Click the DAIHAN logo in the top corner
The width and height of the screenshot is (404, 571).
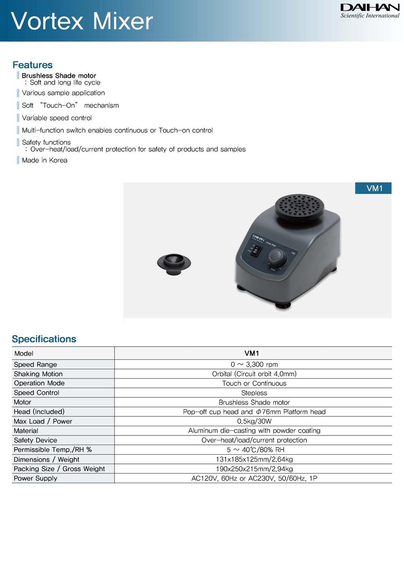tap(369, 11)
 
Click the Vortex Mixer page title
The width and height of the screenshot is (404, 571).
tap(82, 21)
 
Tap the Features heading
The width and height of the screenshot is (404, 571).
tap(33, 65)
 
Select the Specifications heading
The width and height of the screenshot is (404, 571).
tap(44, 339)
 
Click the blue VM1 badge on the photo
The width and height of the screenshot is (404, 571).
tap(373, 188)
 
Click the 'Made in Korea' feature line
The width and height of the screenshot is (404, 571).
tap(45, 160)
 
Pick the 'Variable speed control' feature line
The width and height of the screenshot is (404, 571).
tap(57, 118)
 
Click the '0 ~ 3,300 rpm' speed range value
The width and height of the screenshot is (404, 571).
tap(254, 364)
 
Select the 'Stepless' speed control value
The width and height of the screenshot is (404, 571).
tap(254, 393)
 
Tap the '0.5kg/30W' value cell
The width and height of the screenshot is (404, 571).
tap(254, 421)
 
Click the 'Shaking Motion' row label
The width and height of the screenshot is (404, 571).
tap(38, 374)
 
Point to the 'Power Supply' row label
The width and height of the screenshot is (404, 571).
tap(36, 478)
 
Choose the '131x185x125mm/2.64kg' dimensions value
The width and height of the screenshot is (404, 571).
tap(254, 459)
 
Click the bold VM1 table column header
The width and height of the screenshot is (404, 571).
tap(252, 353)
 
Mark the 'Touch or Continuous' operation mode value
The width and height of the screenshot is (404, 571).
tap(254, 383)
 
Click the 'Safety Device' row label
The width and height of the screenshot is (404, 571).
tap(36, 440)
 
